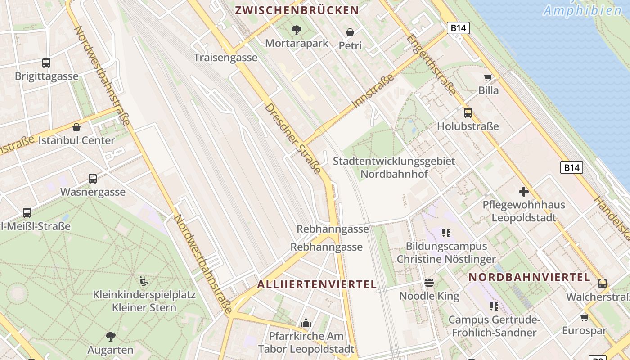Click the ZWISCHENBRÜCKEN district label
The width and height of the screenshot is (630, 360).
point(297,10)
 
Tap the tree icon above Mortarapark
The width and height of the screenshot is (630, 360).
point(296,30)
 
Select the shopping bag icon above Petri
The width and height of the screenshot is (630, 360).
point(350,32)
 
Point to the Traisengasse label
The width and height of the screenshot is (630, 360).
point(225,58)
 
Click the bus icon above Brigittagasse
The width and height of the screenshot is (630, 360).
point(46,63)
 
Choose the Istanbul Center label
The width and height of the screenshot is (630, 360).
point(76,140)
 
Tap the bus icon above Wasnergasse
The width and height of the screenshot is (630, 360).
point(93,179)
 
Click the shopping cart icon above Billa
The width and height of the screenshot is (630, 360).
point(488,77)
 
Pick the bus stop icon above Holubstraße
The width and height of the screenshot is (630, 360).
point(468,113)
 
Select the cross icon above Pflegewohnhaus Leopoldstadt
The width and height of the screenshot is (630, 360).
point(524,192)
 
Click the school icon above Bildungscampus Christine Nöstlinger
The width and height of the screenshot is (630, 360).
point(446,233)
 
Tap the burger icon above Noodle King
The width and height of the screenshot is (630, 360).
point(429,283)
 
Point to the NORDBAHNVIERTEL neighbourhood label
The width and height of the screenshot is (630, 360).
point(529,277)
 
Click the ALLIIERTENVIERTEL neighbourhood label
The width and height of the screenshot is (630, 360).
point(317,284)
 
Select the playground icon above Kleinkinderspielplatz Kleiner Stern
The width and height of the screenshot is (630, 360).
point(144,282)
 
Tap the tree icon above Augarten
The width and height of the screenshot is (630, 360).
point(110,336)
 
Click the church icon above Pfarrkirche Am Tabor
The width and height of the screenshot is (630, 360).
point(306,323)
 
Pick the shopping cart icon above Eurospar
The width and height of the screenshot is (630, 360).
point(584,318)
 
